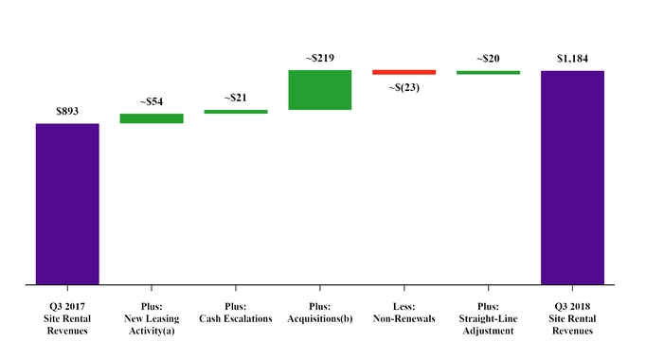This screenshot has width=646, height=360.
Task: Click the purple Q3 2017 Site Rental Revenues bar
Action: pos(67,203)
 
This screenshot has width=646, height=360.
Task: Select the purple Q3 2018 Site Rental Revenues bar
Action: pos(572,176)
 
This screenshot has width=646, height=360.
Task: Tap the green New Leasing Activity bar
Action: pos(152,118)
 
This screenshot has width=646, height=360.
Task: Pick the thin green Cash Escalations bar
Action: pos(236,112)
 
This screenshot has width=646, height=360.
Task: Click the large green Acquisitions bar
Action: pos(320,90)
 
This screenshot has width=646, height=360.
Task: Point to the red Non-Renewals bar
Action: pos(404,72)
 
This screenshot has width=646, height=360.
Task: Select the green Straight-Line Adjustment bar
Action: pos(488,72)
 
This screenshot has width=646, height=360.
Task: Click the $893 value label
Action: pos(67,111)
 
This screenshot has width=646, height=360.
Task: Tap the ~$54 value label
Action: pos(152,101)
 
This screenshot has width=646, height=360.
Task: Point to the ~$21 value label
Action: pos(236,98)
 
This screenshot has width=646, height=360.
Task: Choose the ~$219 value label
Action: pos(320,58)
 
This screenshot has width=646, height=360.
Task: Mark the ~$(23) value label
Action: pos(404,88)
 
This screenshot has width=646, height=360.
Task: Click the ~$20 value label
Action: pos(488,59)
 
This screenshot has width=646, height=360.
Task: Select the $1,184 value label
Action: pos(572,59)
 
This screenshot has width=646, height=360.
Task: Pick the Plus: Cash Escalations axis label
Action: pos(236,314)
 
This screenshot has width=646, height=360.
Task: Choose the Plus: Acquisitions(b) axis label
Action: pos(320,314)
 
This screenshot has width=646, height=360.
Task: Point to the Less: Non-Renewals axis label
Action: pos(404,314)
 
